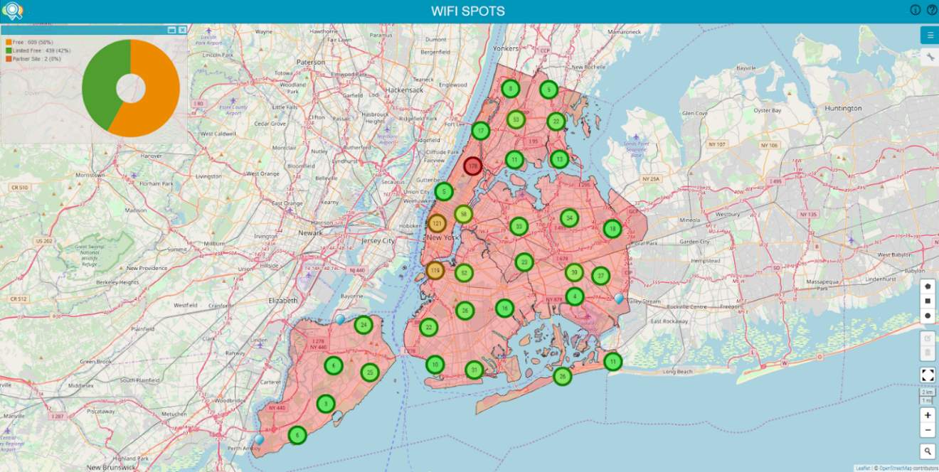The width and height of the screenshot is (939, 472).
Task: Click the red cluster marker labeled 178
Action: (473, 166)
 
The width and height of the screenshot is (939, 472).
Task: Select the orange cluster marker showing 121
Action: (437, 223)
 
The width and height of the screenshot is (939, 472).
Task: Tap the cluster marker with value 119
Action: (435, 270)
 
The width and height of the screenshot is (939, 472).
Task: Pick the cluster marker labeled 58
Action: (464, 213)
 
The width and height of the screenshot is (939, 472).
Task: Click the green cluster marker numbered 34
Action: (568, 218)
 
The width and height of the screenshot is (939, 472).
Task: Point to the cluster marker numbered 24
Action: (364, 326)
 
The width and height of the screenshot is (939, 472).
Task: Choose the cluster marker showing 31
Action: (474, 370)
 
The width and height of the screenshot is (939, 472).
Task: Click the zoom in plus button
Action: (928, 414)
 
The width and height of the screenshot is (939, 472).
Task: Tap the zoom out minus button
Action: (928, 430)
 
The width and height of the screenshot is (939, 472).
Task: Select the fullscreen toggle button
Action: (928, 375)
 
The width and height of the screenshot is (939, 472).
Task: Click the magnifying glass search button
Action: (928, 451)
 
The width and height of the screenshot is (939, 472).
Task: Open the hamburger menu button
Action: (930, 35)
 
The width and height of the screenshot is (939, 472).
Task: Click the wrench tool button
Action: (930, 58)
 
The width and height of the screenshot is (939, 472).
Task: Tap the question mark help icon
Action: (932, 10)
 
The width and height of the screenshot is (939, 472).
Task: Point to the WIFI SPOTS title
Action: (468, 11)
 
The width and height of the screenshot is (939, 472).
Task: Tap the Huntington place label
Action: (843, 109)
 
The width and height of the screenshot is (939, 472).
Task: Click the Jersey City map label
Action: (378, 241)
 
